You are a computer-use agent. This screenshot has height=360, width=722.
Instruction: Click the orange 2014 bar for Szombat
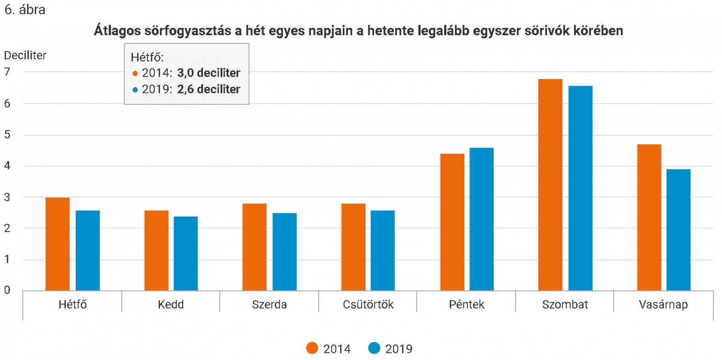tap(550, 185)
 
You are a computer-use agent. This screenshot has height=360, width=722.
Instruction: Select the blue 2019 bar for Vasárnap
tap(678, 230)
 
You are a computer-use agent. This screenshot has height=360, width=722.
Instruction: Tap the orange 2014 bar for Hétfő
tap(58, 244)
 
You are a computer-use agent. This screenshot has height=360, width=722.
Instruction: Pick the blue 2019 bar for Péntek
tap(481, 219)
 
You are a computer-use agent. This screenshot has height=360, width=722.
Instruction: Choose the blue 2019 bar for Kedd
tap(185, 254)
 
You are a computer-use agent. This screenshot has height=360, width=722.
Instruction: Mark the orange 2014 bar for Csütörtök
tap(353, 247)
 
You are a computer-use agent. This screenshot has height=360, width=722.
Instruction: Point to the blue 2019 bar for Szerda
tap(284, 252)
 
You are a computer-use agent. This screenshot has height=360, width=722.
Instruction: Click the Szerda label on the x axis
tap(269, 305)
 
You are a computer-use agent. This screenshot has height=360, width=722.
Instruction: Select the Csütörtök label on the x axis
tap(368, 305)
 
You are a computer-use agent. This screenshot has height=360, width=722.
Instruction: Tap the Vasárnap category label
tap(663, 305)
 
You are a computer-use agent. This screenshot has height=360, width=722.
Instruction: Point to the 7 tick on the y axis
tap(7, 72)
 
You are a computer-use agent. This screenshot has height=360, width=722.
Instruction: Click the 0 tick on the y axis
tap(7, 290)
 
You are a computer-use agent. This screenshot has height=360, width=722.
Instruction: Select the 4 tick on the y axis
tap(7, 166)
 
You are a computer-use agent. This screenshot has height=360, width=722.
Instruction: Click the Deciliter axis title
tap(25, 55)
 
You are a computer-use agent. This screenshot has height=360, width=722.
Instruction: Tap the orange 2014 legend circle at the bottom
tap(312, 348)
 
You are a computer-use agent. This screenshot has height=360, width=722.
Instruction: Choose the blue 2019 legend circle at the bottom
tap(374, 348)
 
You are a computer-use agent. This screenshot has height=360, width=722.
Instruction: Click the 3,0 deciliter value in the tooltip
tap(208, 73)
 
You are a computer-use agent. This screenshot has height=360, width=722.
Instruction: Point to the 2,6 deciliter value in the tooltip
tap(208, 89)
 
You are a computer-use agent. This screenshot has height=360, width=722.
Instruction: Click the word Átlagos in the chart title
tap(117, 31)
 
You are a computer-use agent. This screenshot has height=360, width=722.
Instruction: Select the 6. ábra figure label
tap(25, 9)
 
